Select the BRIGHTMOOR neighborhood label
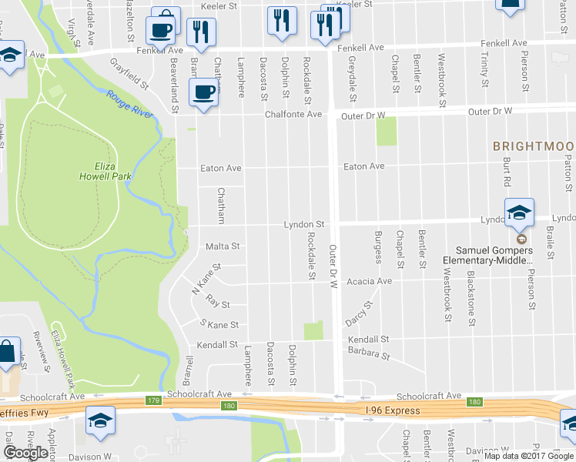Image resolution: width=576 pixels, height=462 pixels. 534,146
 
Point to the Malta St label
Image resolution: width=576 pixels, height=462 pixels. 223,247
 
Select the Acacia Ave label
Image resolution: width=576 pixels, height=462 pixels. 369,281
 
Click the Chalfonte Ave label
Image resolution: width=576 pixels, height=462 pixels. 293,115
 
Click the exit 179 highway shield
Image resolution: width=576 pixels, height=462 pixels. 152,400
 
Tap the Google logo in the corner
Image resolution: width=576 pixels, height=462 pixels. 25,453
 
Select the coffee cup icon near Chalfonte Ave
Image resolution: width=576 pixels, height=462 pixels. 203,93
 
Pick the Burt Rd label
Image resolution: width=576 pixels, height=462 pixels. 507,173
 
